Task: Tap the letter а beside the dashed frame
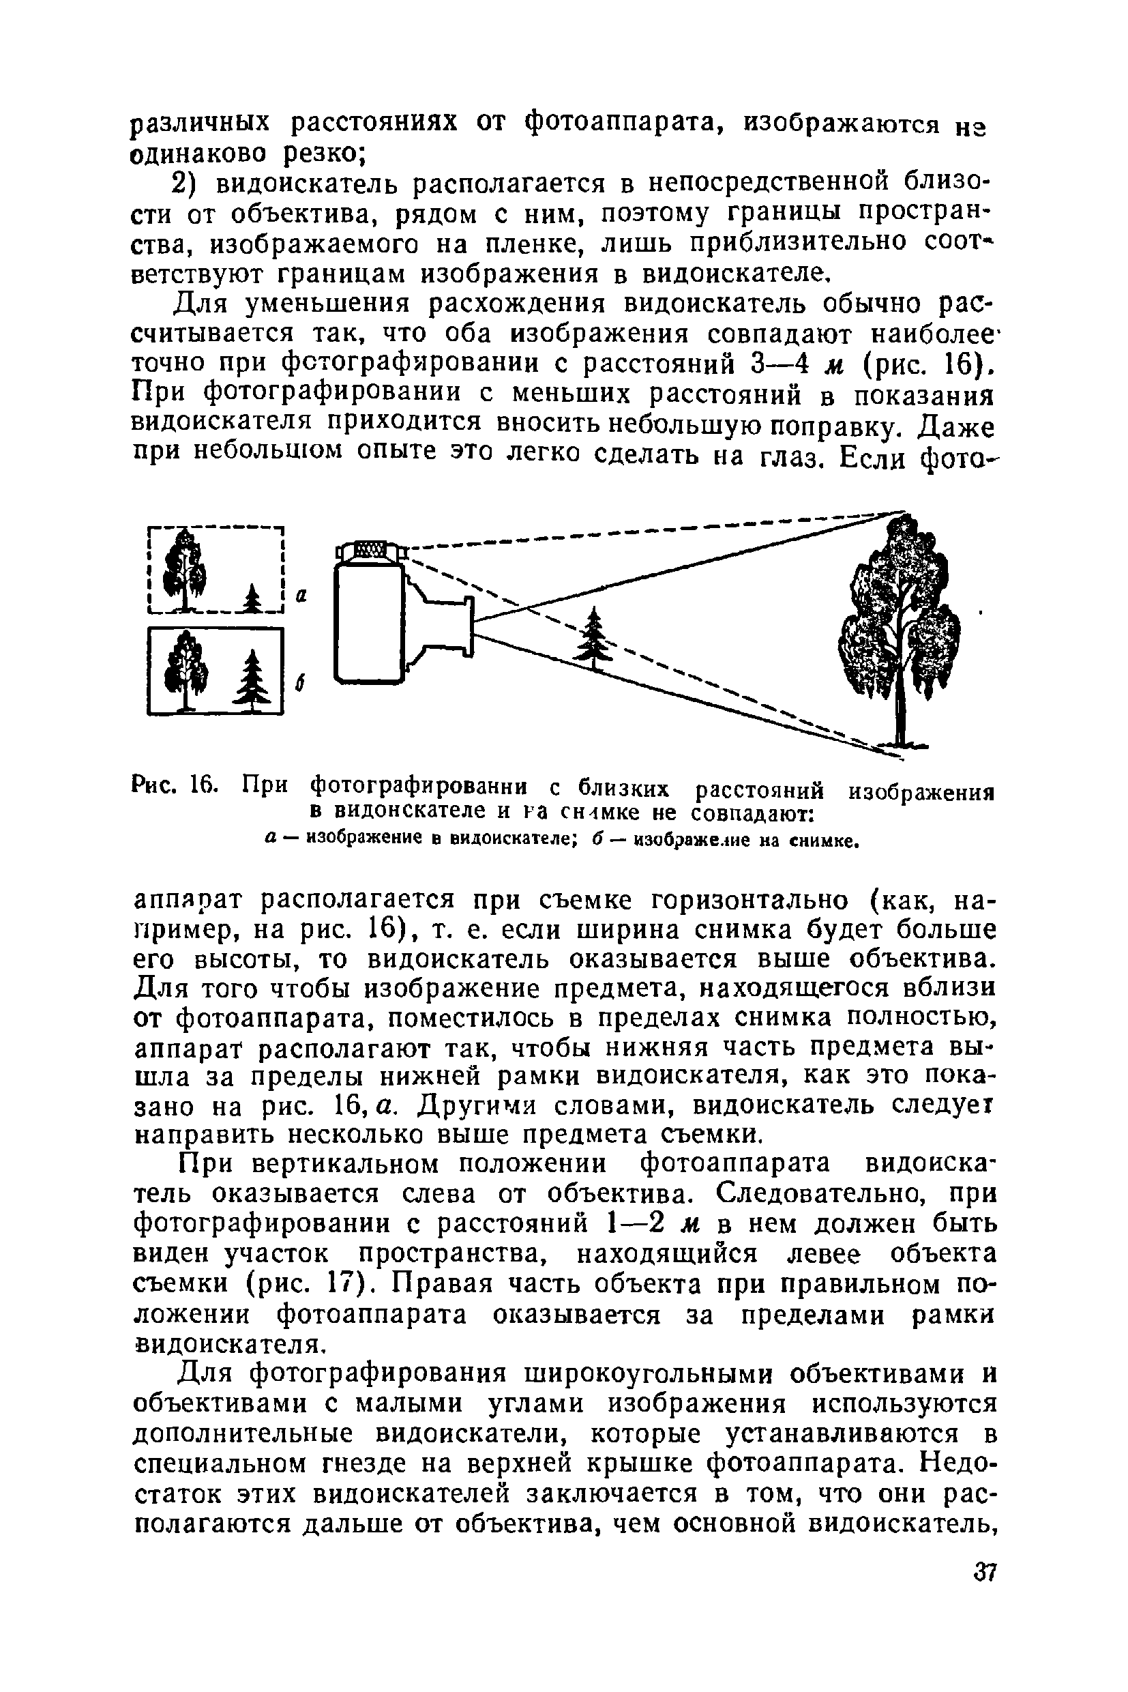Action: [302, 595]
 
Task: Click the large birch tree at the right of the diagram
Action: [900, 626]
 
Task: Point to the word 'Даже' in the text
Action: [958, 428]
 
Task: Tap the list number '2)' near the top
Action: [188, 185]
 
